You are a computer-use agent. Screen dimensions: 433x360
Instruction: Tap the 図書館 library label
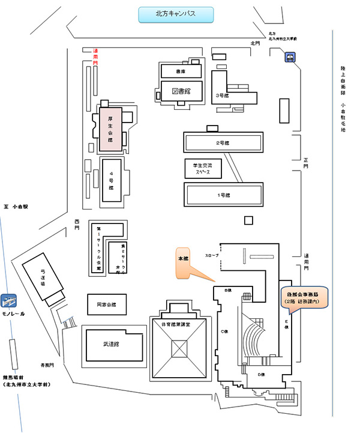tap(181, 91)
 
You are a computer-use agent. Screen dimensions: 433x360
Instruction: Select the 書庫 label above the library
tap(181, 71)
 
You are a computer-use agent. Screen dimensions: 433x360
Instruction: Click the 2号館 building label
tap(223, 143)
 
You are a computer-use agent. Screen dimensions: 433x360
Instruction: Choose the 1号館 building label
tap(223, 195)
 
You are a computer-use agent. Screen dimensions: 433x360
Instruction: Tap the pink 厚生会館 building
tap(111, 128)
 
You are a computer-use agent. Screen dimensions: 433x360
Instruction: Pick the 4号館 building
tap(112, 178)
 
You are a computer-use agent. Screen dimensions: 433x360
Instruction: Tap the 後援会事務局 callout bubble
tap(306, 296)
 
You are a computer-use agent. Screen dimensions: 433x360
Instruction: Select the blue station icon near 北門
tap(290, 58)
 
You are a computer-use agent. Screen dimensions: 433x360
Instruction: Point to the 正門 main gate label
tap(305, 163)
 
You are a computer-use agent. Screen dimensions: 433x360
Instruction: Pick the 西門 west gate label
tap(76, 223)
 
